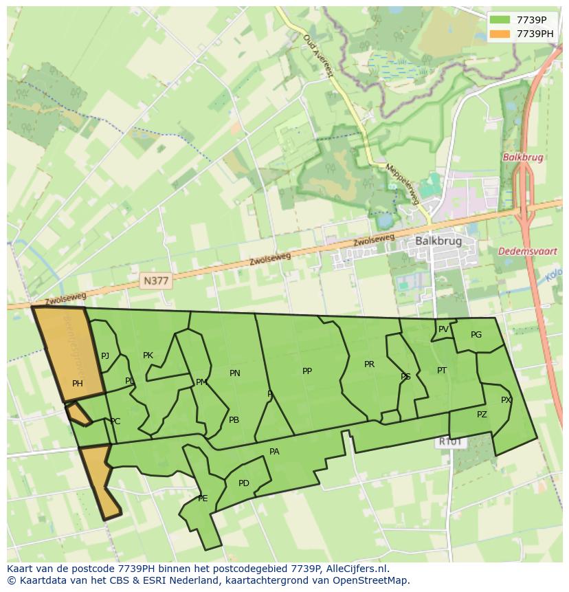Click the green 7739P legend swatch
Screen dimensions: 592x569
500,20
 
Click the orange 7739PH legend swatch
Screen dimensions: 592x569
500,34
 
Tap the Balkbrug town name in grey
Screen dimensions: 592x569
438,241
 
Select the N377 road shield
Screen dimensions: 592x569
156,281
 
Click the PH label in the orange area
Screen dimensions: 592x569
78,384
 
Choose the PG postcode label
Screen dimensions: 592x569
476,335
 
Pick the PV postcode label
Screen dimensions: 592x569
443,329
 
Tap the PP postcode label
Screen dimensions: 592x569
307,371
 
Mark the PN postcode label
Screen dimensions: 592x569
235,373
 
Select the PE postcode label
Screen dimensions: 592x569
203,498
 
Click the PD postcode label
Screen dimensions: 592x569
244,483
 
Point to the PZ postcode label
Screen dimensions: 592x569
482,415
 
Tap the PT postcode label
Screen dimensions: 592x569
442,371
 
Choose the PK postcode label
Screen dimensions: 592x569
148,355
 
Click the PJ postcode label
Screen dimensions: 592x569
105,356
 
